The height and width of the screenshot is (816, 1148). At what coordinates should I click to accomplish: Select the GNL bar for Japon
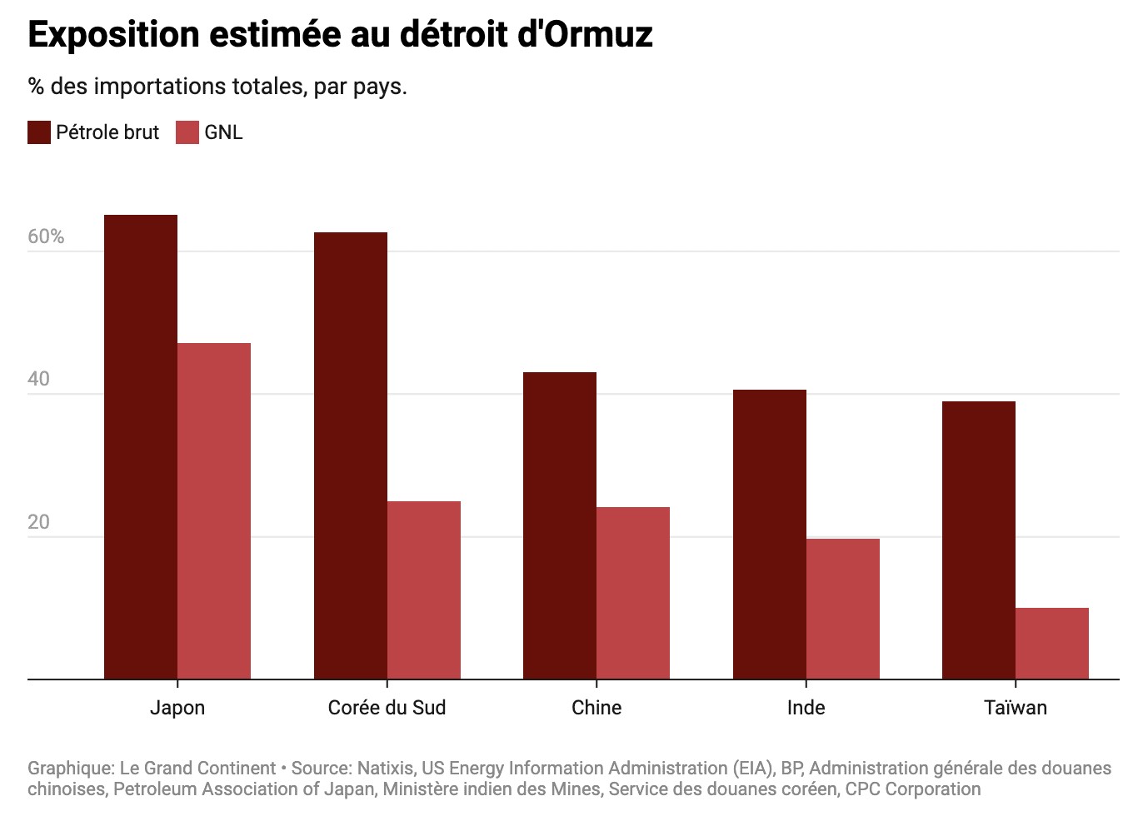pyautogui.click(x=214, y=511)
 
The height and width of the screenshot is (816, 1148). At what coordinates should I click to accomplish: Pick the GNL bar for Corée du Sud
pyautogui.click(x=424, y=590)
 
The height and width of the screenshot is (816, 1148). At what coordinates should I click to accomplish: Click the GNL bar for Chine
pyautogui.click(x=633, y=593)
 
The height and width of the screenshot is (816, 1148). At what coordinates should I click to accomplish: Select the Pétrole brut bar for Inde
pyautogui.click(x=770, y=535)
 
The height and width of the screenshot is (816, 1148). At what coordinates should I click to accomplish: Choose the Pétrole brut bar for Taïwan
pyautogui.click(x=979, y=540)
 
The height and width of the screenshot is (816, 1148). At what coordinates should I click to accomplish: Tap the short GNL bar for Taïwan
pyautogui.click(x=1052, y=644)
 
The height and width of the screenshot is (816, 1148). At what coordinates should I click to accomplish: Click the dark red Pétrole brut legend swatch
pyautogui.click(x=39, y=132)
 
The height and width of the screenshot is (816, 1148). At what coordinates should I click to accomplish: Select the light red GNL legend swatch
pyautogui.click(x=187, y=132)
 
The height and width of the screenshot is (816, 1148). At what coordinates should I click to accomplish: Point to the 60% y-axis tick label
pyautogui.click(x=46, y=236)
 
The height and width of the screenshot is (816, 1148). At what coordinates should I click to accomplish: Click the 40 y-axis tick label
pyautogui.click(x=39, y=379)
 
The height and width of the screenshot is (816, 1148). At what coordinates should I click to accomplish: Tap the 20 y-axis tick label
pyautogui.click(x=39, y=522)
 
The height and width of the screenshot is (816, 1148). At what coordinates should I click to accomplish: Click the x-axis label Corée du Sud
pyautogui.click(x=387, y=708)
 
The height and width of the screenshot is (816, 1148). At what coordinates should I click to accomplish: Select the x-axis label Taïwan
pyautogui.click(x=1016, y=708)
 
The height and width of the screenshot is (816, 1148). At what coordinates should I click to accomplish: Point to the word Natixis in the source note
pyautogui.click(x=386, y=768)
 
